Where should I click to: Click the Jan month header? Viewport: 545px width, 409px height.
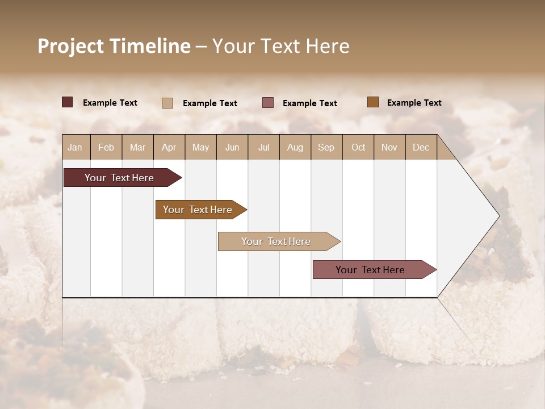tap(75, 147)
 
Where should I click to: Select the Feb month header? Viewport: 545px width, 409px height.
tap(106, 147)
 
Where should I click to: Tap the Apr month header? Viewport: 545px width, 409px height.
tap(169, 147)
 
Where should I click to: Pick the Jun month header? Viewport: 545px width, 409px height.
tap(232, 147)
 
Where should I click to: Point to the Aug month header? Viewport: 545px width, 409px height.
tap(295, 147)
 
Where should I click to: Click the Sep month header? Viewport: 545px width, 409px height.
tap(326, 147)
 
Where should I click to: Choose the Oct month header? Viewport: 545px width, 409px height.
tap(358, 147)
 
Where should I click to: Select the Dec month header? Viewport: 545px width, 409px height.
tap(421, 147)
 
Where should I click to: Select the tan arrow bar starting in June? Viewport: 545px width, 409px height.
tap(276, 241)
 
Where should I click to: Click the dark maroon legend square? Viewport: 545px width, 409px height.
tap(67, 102)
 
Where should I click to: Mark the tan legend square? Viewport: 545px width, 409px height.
tap(167, 103)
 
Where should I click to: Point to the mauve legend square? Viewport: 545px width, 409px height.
tap(268, 103)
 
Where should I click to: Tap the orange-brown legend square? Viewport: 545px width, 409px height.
tap(372, 102)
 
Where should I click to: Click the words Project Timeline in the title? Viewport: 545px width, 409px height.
tap(114, 46)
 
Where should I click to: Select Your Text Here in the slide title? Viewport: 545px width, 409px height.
tap(280, 46)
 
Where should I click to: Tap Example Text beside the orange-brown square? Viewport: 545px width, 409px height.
tap(414, 103)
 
